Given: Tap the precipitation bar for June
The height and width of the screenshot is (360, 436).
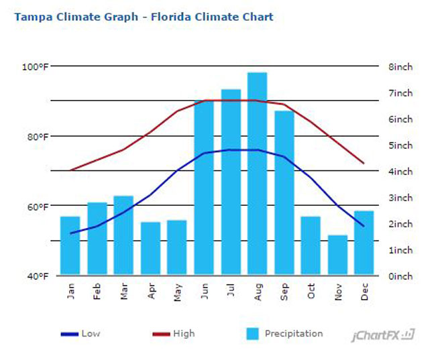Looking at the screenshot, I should click(203, 188).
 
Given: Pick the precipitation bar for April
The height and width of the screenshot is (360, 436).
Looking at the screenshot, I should click(150, 248).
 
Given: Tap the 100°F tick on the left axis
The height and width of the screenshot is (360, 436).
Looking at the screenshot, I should click(36, 66).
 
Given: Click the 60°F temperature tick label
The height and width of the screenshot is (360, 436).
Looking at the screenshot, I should click(38, 206).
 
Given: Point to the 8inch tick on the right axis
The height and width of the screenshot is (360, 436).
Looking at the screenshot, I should click(400, 66).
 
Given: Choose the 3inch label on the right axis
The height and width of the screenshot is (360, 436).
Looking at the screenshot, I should click(400, 197).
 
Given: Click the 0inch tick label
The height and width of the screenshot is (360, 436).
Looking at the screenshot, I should click(400, 276).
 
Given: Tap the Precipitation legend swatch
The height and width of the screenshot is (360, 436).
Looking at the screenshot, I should click(252, 333).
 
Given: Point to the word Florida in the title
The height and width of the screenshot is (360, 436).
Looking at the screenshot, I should click(172, 16).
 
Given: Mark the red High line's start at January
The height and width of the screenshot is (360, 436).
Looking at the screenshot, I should click(70, 170).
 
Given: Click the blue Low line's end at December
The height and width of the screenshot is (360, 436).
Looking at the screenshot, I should click(364, 226).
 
